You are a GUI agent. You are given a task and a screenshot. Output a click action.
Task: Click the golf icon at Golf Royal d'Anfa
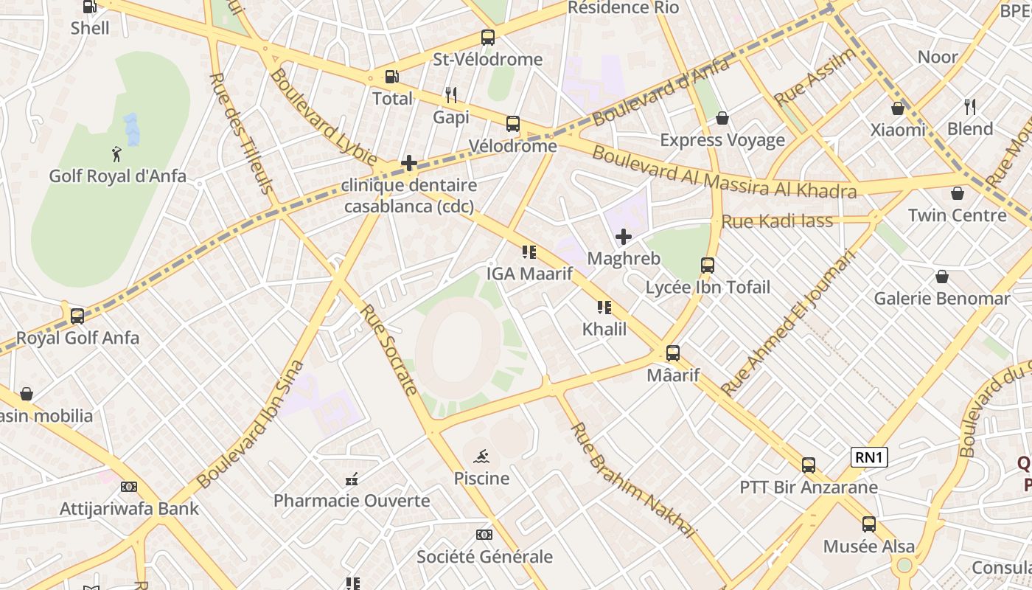point(116,154)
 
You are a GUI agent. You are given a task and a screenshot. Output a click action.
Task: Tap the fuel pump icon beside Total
point(392,77)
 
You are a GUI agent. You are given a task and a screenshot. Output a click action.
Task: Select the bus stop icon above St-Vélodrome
point(487,37)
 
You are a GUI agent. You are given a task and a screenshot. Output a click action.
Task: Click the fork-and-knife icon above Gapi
point(451,94)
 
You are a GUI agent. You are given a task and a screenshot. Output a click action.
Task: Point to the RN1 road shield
point(868,457)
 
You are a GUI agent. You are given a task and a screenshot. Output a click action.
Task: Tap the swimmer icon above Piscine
point(481,456)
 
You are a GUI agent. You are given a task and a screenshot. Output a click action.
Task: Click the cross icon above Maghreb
point(624,237)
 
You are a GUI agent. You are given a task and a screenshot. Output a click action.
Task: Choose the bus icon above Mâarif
point(672,353)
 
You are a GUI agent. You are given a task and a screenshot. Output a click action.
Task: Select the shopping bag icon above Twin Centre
point(957,193)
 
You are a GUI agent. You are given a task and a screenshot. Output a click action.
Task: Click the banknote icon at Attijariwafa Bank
point(129,487)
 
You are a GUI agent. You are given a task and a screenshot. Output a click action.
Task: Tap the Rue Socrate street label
point(389,350)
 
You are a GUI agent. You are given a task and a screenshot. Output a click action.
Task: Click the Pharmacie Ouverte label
point(352,501)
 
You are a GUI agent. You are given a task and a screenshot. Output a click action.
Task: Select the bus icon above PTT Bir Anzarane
point(809,465)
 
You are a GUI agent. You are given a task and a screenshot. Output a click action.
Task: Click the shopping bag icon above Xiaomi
point(897,108)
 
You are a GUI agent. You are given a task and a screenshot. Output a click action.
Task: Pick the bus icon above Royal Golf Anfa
point(77,316)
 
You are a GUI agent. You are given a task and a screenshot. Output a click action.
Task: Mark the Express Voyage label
point(722,140)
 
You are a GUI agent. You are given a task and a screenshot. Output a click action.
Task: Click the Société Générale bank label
point(484,557)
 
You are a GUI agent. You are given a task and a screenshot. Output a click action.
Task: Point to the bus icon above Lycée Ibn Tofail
point(708,265)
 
